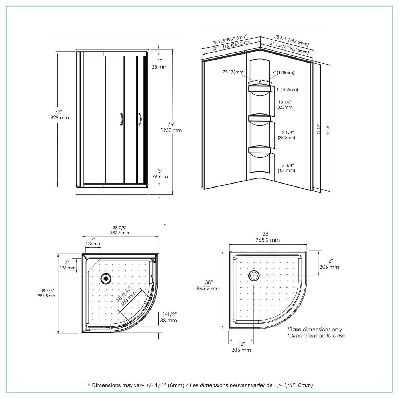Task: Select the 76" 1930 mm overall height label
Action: [x=171, y=127]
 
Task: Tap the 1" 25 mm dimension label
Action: [x=160, y=64]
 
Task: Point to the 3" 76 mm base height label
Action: [x=160, y=174]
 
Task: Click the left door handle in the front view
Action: [x=121, y=119]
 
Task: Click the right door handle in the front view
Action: [x=139, y=119]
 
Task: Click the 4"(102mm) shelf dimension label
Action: [x=287, y=90]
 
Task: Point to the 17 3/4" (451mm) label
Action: [x=286, y=168]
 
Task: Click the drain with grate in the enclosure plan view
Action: [x=106, y=279]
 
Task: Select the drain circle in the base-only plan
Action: [x=254, y=276]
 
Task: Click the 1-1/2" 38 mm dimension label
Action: [x=168, y=317]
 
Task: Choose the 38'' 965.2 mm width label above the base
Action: [x=267, y=237]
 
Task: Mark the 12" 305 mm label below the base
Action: [x=241, y=347]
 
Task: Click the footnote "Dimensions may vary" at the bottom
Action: [x=199, y=385]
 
